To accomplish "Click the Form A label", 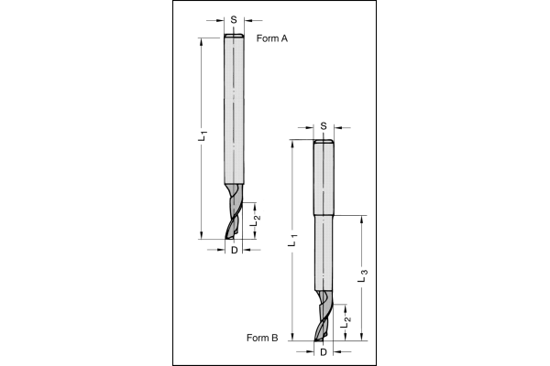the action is coord(272,38).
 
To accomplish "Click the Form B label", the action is coord(262,338).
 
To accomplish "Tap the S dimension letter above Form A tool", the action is coord(234,20).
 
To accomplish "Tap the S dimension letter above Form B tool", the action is coord(324,126).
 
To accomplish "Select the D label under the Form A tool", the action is coord(235,250).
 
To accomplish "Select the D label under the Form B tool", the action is coord(324,352).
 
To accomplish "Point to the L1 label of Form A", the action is coord(203,136).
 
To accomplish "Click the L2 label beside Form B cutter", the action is coord(346,323).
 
